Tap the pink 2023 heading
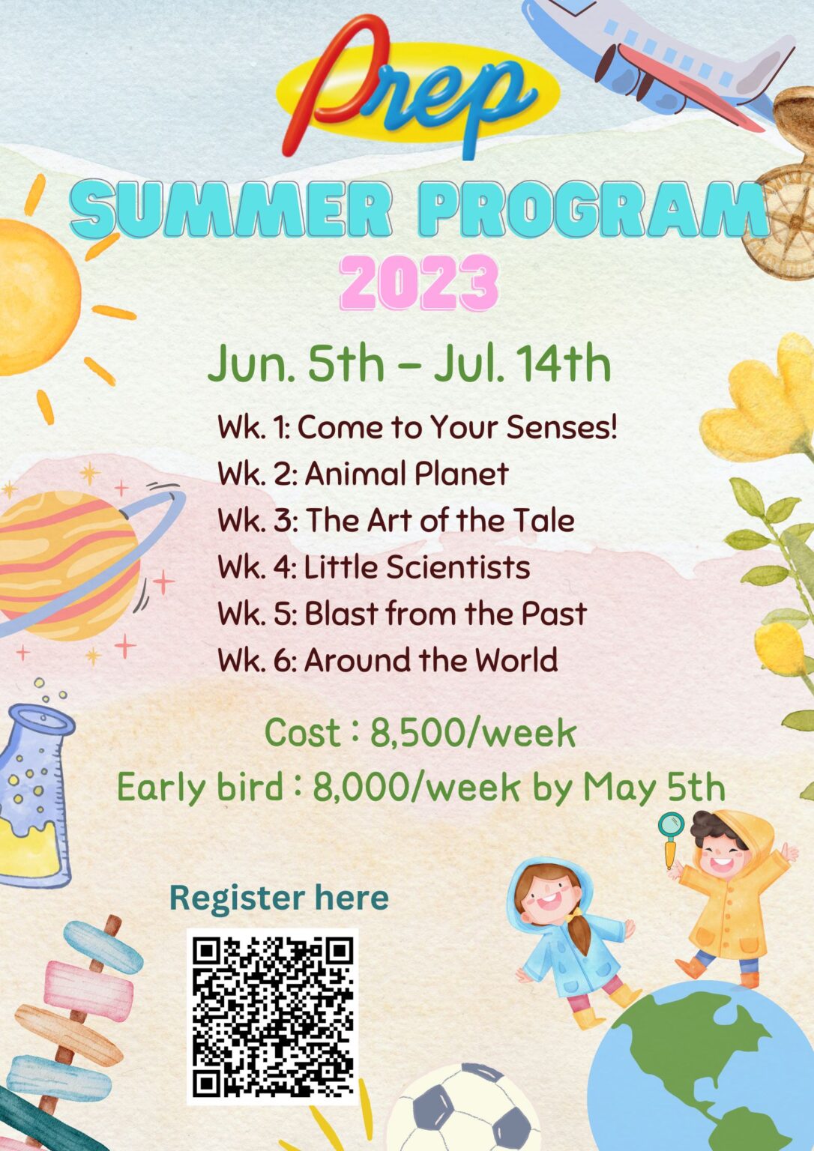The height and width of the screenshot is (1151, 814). pyautogui.click(x=419, y=282)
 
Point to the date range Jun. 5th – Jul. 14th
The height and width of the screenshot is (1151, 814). pyautogui.click(x=409, y=363)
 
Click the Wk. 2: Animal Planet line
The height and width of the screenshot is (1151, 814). pyautogui.click(x=364, y=474)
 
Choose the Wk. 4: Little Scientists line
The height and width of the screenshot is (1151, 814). pyautogui.click(x=373, y=567)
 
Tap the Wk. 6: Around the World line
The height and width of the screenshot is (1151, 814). pyautogui.click(x=388, y=659)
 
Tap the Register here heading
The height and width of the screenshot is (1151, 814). pyautogui.click(x=279, y=897)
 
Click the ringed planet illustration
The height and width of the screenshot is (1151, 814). pyautogui.click(x=77, y=563)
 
